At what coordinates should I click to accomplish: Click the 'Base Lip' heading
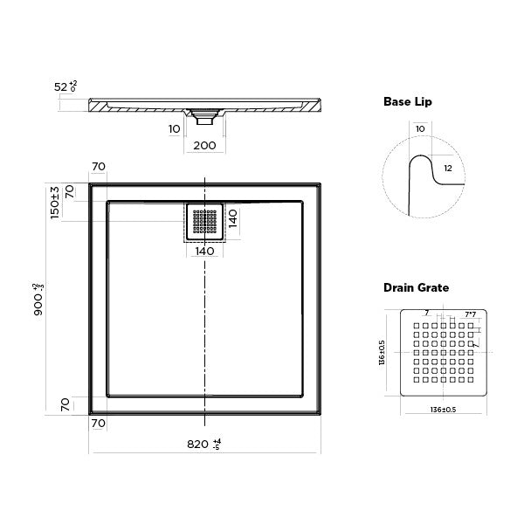[408, 101]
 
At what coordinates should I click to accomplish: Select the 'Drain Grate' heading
[417, 287]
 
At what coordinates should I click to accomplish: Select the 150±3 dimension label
[54, 202]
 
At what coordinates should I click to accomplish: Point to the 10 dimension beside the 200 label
[175, 128]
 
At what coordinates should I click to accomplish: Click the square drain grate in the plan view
[205, 222]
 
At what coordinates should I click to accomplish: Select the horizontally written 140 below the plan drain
[205, 252]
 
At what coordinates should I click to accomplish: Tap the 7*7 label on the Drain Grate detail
[470, 314]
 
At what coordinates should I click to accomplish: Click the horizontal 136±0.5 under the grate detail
[444, 410]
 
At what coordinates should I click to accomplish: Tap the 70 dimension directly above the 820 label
[98, 424]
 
